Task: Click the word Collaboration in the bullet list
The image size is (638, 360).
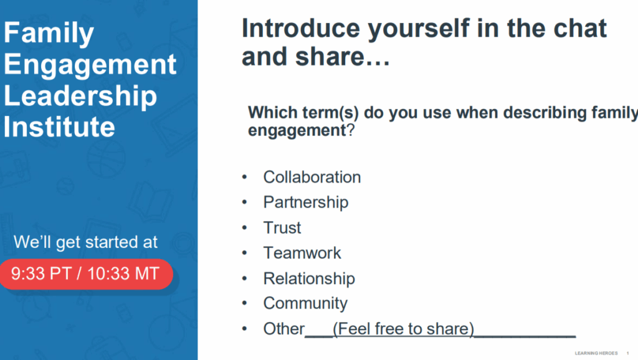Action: click(312, 178)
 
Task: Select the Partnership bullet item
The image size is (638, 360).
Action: click(305, 202)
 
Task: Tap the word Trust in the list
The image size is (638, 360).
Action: click(282, 228)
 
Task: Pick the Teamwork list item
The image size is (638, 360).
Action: click(302, 253)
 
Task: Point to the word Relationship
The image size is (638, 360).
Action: click(309, 278)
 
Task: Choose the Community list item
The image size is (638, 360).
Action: click(305, 303)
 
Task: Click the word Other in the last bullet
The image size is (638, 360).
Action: click(283, 329)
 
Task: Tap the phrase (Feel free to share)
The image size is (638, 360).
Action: click(404, 329)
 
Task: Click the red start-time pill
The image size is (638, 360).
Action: click(86, 274)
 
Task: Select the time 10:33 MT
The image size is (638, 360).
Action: click(123, 274)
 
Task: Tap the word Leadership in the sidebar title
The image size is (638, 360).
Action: click(80, 97)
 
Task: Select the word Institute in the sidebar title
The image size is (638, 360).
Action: click(59, 126)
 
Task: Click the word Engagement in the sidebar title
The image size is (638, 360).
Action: click(90, 65)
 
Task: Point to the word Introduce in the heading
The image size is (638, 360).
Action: click(301, 29)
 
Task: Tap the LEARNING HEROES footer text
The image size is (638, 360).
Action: click(596, 353)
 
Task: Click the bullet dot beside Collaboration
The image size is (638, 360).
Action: click(244, 177)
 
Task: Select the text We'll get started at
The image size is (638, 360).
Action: click(85, 242)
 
